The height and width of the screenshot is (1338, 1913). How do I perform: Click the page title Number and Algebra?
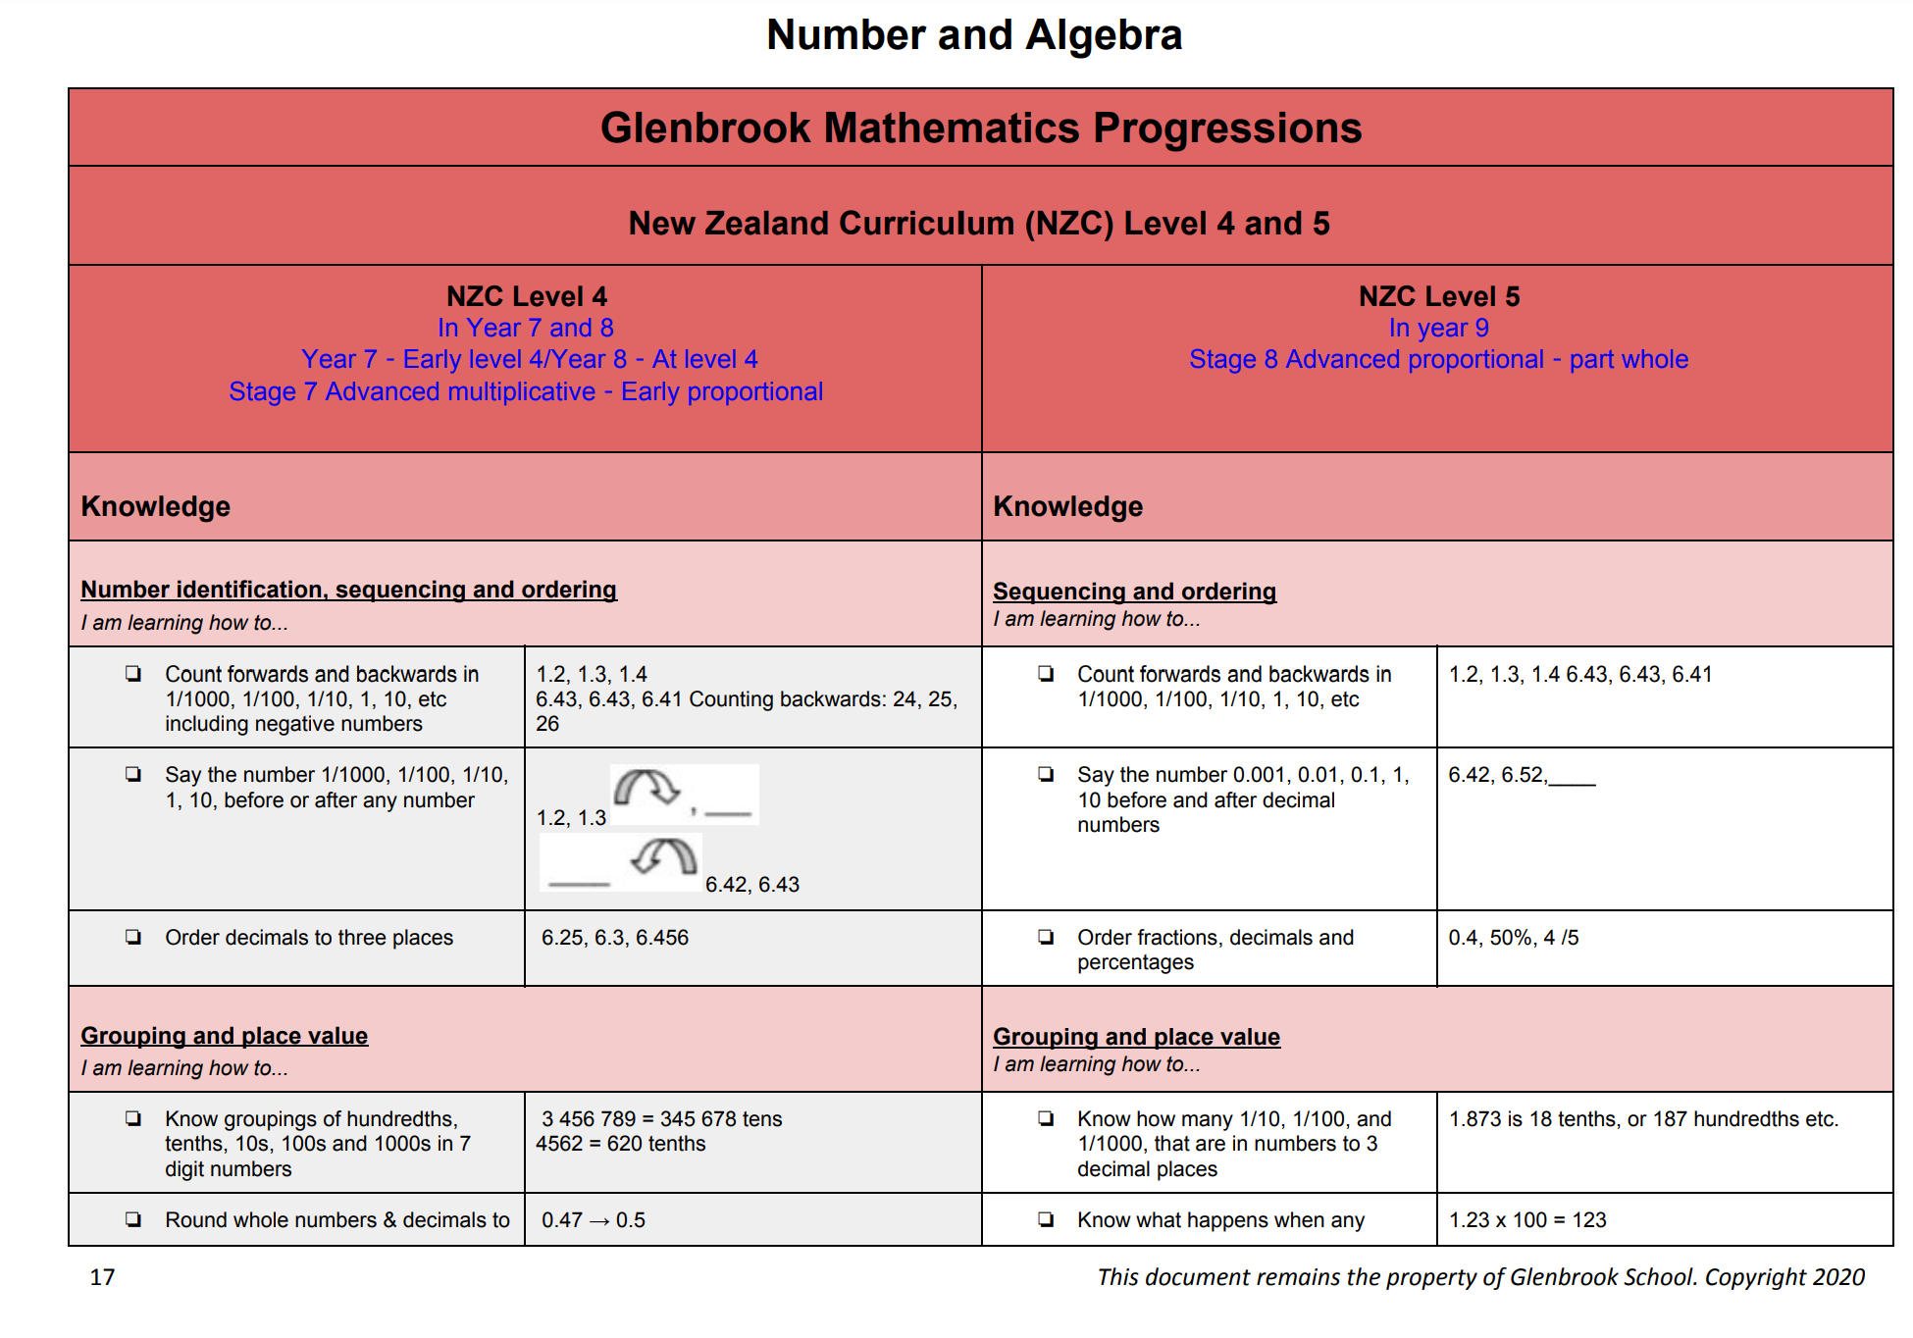973,35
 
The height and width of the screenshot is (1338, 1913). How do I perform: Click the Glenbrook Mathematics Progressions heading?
980,129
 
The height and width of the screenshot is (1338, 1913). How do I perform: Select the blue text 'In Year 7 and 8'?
525,328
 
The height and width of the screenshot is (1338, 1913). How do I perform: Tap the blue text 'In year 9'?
1437,328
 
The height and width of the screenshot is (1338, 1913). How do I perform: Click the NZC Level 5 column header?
1438,296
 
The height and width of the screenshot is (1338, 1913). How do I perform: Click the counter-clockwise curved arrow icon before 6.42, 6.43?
664,857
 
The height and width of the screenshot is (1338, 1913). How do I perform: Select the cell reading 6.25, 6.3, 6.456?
615,938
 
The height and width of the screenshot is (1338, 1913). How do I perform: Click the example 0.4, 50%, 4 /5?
1513,938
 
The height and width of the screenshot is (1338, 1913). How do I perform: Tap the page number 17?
102,1277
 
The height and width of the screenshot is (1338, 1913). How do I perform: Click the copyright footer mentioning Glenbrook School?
1480,1277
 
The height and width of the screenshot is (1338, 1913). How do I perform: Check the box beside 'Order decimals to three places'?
133,937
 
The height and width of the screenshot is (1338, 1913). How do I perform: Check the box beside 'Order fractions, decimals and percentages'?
1046,937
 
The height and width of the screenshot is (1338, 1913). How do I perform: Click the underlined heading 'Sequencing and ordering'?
1134,592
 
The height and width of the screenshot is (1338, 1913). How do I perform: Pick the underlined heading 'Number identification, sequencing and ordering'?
348,590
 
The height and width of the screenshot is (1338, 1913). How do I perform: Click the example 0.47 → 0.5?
594,1220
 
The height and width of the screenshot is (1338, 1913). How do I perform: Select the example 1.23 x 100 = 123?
1527,1220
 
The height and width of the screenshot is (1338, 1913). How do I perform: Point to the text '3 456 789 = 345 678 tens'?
661,1119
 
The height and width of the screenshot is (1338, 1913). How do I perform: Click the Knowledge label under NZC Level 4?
155,506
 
